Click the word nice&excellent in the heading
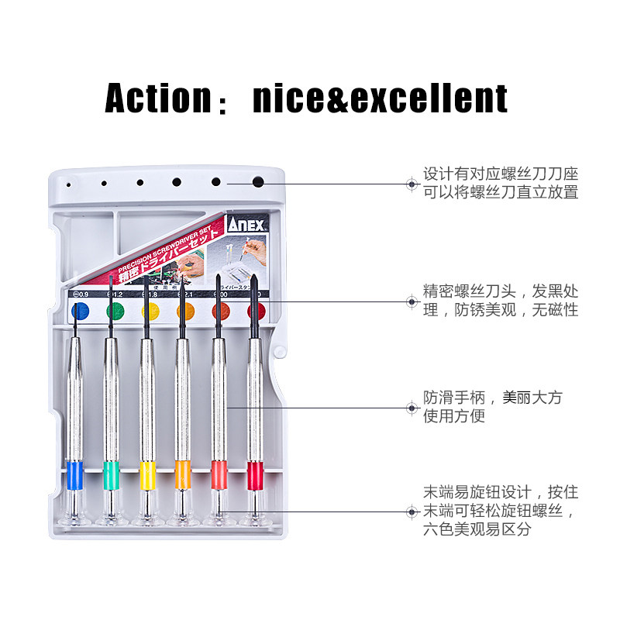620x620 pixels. click(x=380, y=98)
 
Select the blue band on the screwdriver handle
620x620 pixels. click(x=74, y=473)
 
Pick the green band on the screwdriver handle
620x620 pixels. click(x=110, y=473)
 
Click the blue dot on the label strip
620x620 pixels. click(x=79, y=312)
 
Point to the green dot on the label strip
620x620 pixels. click(x=115, y=312)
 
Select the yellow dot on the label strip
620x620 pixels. click(x=150, y=312)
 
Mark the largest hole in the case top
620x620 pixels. click(x=258, y=183)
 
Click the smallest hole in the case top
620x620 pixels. click(x=69, y=185)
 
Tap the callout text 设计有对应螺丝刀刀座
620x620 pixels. click(x=501, y=174)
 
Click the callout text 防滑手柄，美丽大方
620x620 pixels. click(x=492, y=398)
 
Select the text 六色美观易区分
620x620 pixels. click(x=477, y=530)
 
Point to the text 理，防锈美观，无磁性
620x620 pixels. click(x=501, y=310)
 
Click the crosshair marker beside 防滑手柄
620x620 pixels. click(x=412, y=407)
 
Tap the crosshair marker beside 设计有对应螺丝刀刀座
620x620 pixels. click(x=412, y=184)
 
